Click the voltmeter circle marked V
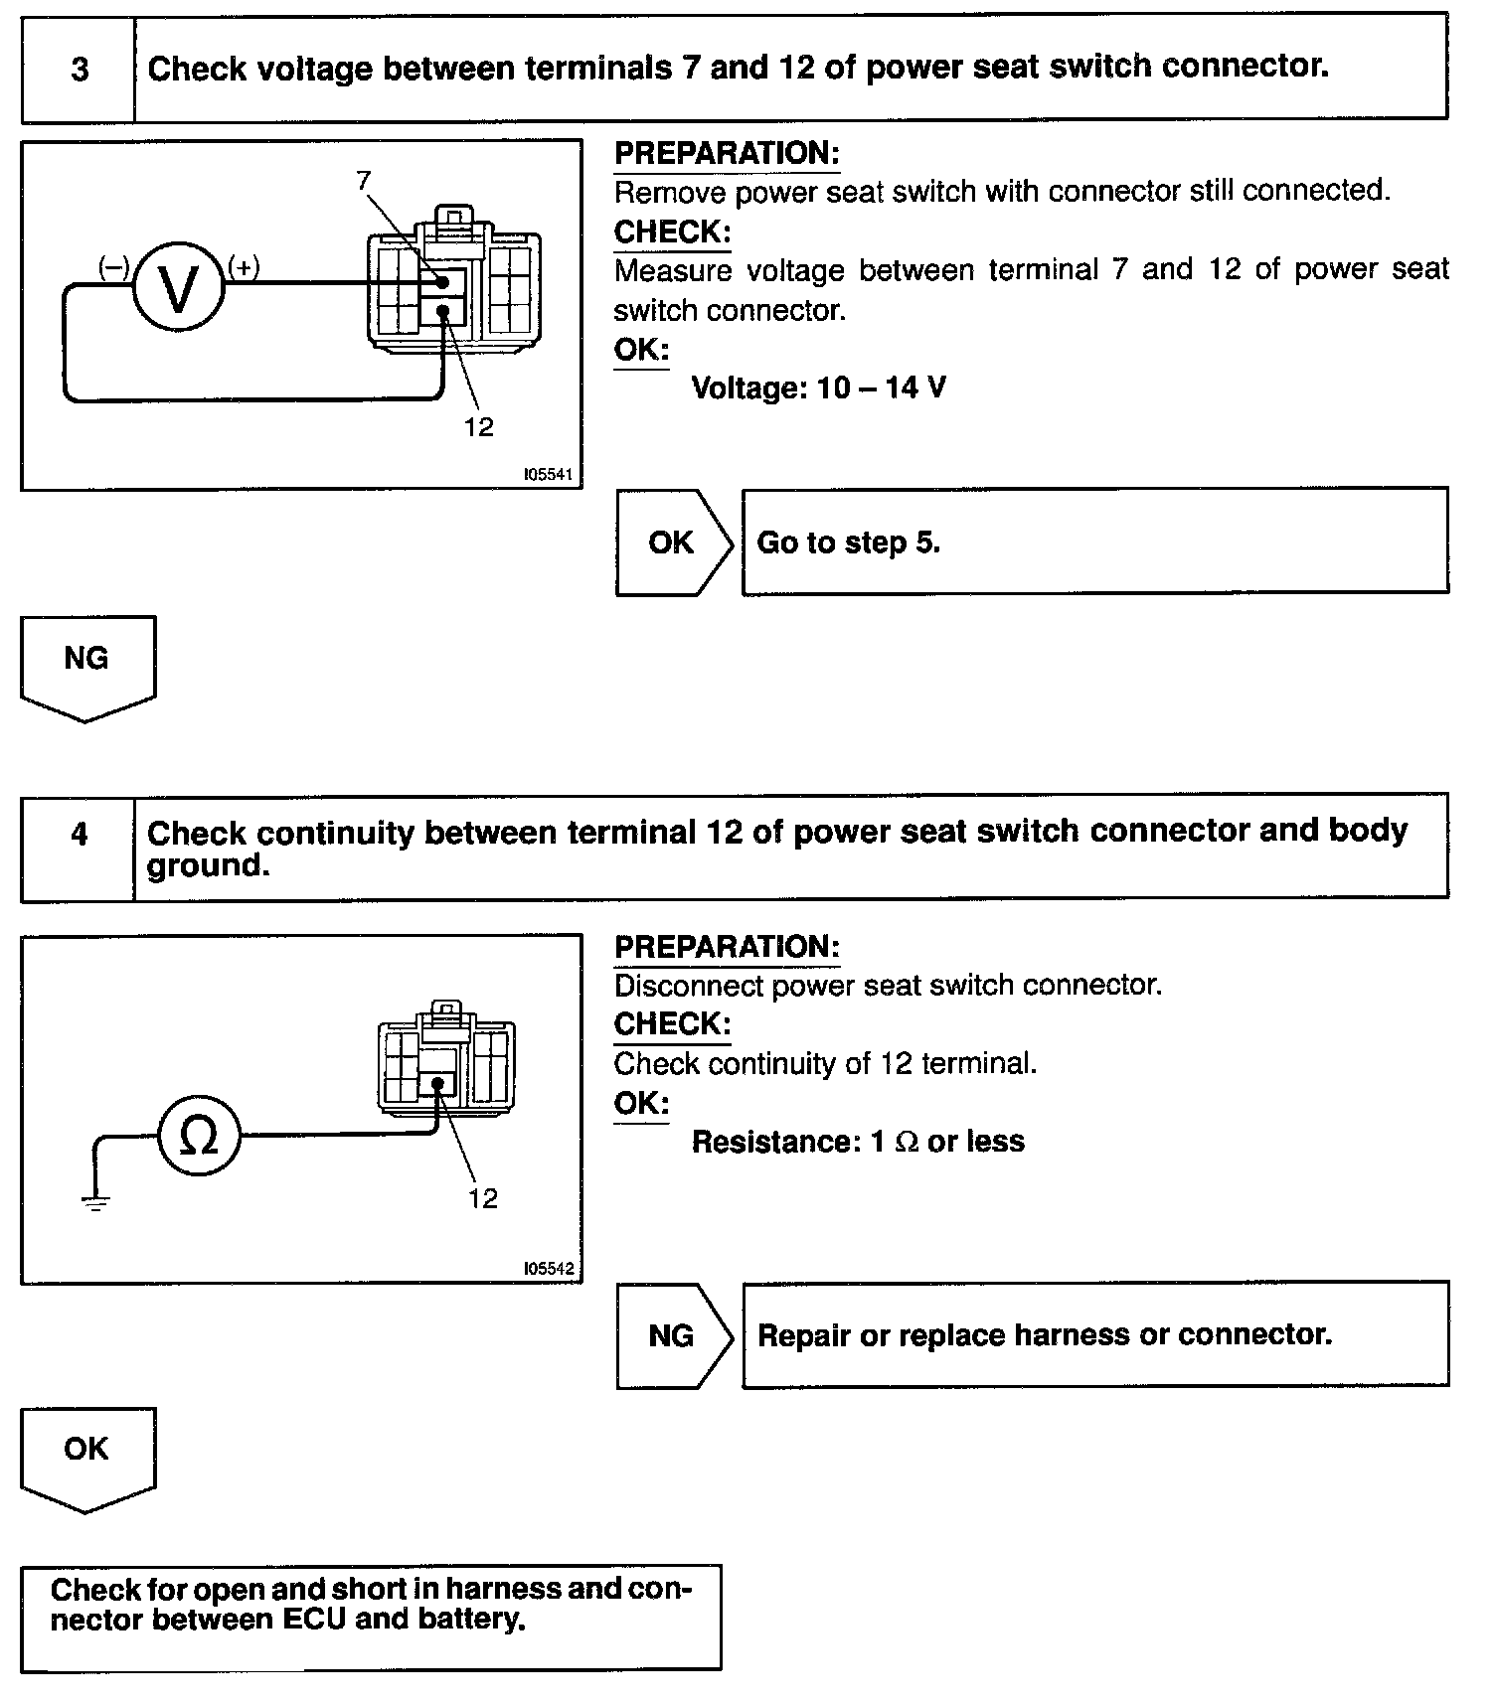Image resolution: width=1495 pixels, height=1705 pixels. [x=179, y=288]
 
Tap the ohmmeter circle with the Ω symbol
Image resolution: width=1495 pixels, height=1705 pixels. [x=199, y=1136]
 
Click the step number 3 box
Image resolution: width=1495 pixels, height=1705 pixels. [x=79, y=70]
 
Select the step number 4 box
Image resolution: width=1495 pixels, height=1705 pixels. [x=79, y=835]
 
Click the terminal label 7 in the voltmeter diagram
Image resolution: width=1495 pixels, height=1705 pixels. [x=363, y=180]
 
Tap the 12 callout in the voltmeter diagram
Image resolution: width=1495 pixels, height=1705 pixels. [x=478, y=427]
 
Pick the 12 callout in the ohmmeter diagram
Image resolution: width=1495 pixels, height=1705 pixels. [x=482, y=1199]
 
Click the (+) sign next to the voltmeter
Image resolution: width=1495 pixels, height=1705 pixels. [x=244, y=266]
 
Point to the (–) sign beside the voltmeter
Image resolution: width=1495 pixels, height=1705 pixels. [x=113, y=266]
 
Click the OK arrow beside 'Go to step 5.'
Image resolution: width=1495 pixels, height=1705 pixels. [x=673, y=542]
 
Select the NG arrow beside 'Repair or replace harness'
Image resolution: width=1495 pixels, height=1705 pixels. [x=673, y=1335]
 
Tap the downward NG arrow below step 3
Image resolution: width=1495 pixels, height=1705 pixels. [x=86, y=664]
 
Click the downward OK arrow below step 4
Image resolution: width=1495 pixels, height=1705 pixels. [x=86, y=1455]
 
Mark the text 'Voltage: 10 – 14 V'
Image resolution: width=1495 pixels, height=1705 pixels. [x=818, y=387]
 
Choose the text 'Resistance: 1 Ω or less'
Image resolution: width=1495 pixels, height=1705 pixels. [x=858, y=1142]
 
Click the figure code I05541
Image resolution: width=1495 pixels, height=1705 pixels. [x=548, y=475]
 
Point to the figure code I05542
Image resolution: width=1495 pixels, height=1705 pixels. [x=548, y=1269]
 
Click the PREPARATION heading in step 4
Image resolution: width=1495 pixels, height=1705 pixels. [x=727, y=947]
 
